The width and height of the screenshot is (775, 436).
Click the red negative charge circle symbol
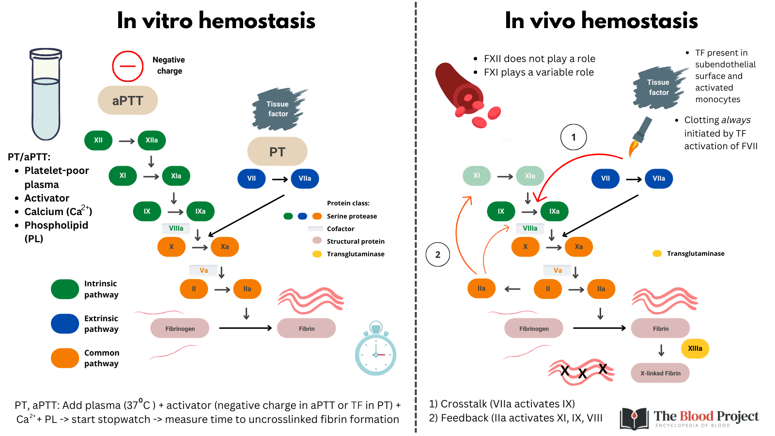pyautogui.click(x=128, y=66)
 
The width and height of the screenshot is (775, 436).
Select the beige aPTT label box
pyautogui.click(x=128, y=101)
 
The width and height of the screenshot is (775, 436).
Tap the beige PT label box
pyautogui.click(x=277, y=152)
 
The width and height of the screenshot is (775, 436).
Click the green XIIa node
pyautogui.click(x=152, y=140)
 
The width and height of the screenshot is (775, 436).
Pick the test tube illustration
pyautogui.click(x=46, y=94)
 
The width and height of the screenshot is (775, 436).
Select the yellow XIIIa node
pyautogui.click(x=695, y=348)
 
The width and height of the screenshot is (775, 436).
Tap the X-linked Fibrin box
pyautogui.click(x=660, y=373)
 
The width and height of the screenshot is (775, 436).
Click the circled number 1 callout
pyautogui.click(x=573, y=137)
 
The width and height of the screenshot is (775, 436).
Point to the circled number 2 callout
pyautogui.click(x=438, y=255)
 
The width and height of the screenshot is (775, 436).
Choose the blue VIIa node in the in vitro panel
pyautogui.click(x=305, y=179)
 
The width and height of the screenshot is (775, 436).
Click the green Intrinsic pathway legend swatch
pyautogui.click(x=65, y=289)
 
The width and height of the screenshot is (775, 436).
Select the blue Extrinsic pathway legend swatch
pyautogui.click(x=65, y=324)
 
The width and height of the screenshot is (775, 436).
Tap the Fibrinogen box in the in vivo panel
pyautogui.click(x=533, y=328)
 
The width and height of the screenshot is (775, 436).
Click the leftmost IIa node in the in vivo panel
pyautogui.click(x=481, y=288)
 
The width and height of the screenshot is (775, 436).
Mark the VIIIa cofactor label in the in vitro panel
pyautogui.click(x=176, y=228)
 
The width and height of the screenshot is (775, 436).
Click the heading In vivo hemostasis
pyautogui.click(x=601, y=21)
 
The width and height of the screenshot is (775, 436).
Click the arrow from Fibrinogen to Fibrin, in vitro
pyautogui.click(x=245, y=328)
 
